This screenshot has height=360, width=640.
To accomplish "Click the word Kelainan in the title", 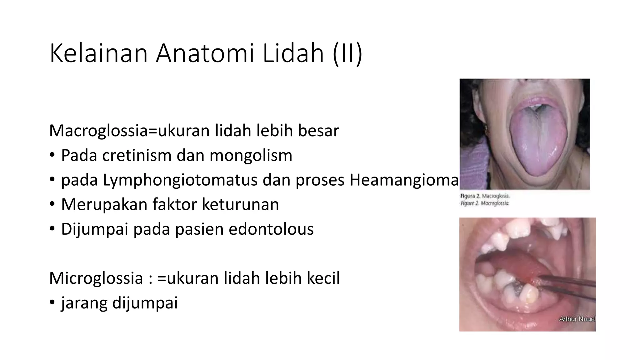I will coord(98,54).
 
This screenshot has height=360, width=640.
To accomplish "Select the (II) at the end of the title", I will coord(347,54).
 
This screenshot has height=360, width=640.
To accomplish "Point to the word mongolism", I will coord(251,155).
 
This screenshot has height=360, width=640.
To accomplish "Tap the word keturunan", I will coord(240,204).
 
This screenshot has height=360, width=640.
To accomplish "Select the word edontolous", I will coord(271,229).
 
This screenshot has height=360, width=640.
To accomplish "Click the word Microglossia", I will coord(96,278).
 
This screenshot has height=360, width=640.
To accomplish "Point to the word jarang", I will coord(84,303).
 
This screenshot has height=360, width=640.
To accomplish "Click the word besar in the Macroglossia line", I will coord(318,131).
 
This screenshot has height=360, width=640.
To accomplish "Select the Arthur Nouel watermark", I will coord(577,319).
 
